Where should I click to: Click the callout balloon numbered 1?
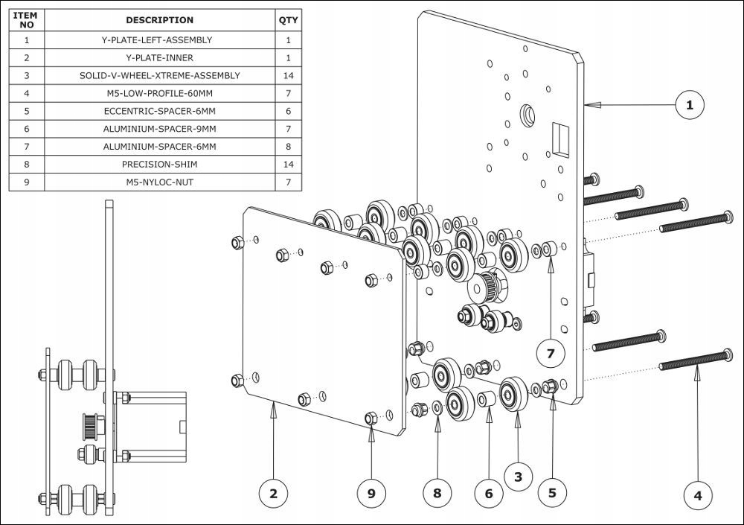690,106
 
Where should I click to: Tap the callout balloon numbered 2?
274,493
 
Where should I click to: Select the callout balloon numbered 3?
519,475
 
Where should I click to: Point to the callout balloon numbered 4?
697,494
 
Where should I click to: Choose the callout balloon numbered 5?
552,492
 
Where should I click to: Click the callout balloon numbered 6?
489,493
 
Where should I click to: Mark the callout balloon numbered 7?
551,354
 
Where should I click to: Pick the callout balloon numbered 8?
437,493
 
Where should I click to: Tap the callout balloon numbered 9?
372,493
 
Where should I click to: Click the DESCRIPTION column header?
159,20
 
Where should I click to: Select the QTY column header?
288,20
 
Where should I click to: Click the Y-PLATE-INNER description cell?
159,57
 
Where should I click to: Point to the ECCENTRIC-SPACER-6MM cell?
159,111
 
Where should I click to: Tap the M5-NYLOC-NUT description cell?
159,182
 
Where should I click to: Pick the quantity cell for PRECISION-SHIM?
288,165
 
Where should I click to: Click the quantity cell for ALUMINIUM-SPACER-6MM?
288,147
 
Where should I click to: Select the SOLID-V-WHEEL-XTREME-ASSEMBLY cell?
159,75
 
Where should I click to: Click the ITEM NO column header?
27,20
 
